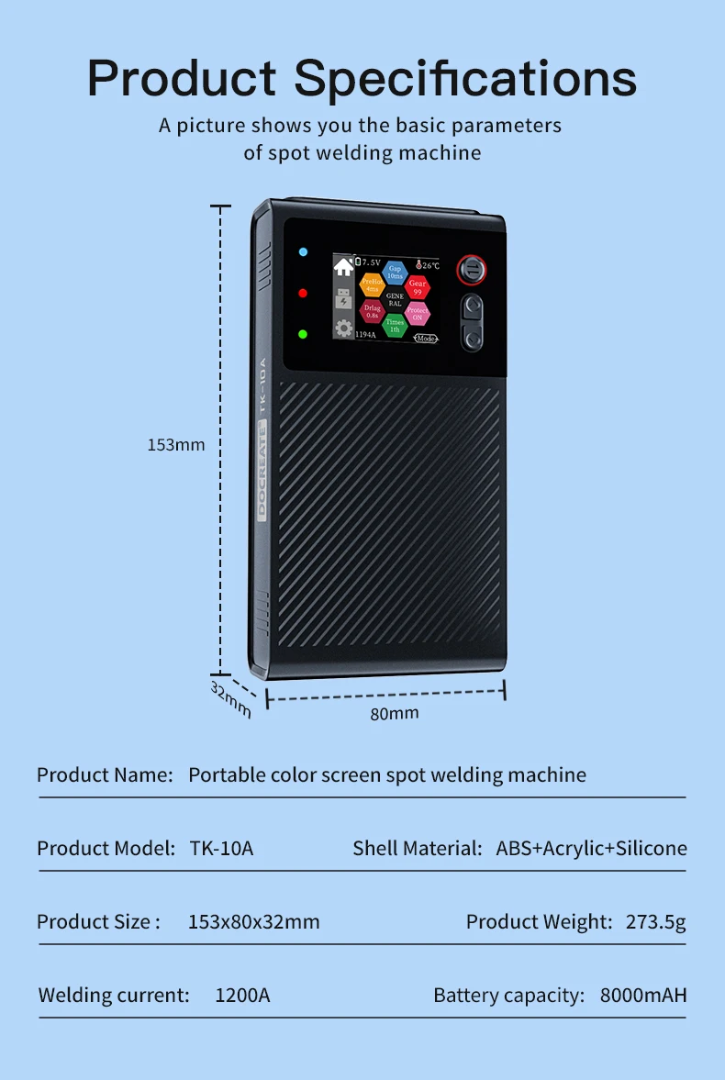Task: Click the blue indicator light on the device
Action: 303,251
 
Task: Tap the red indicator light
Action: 303,293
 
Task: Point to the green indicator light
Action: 303,334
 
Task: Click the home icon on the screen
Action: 344,267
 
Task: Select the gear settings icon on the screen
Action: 344,328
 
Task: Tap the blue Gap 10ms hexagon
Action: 395,272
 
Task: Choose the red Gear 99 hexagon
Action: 418,287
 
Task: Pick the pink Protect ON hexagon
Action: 418,313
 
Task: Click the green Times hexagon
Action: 394,325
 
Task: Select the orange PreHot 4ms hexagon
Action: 372,285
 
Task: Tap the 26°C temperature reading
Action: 427,265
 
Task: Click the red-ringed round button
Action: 472,269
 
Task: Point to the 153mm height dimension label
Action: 176,445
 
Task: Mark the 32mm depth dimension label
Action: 229,699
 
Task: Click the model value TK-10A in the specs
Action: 221,849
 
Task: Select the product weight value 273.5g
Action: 655,921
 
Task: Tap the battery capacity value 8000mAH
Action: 643,996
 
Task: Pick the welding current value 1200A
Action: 242,996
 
